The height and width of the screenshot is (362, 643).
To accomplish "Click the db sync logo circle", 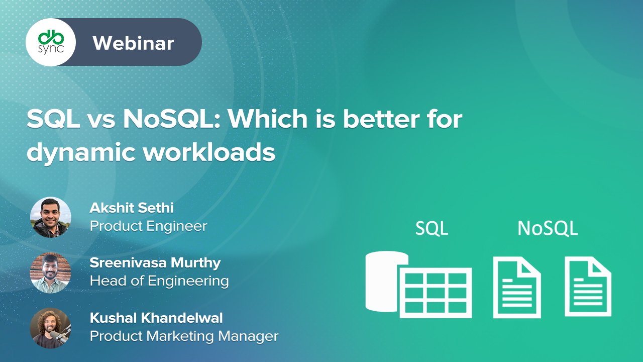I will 50,42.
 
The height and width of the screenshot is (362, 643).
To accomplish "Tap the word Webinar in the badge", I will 133,43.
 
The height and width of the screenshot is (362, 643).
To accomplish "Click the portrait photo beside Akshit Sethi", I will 50,217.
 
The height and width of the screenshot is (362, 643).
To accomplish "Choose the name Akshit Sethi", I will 132,208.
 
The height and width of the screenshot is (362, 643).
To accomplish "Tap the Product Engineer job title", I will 148,226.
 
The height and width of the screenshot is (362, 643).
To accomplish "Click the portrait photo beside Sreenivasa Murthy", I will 50,273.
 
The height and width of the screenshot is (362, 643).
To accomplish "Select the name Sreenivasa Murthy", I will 155,262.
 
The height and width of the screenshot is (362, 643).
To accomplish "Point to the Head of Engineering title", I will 159,281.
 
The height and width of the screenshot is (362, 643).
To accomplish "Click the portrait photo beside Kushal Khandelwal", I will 50,328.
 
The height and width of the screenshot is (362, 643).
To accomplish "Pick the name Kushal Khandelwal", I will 156,318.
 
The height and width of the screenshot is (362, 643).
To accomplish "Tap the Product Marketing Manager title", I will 184,336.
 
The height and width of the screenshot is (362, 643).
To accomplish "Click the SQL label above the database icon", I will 432,228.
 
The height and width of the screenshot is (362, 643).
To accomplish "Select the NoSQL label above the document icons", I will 548,228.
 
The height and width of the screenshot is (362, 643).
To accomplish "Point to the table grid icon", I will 436,293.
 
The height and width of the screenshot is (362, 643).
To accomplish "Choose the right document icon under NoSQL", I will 588,287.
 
